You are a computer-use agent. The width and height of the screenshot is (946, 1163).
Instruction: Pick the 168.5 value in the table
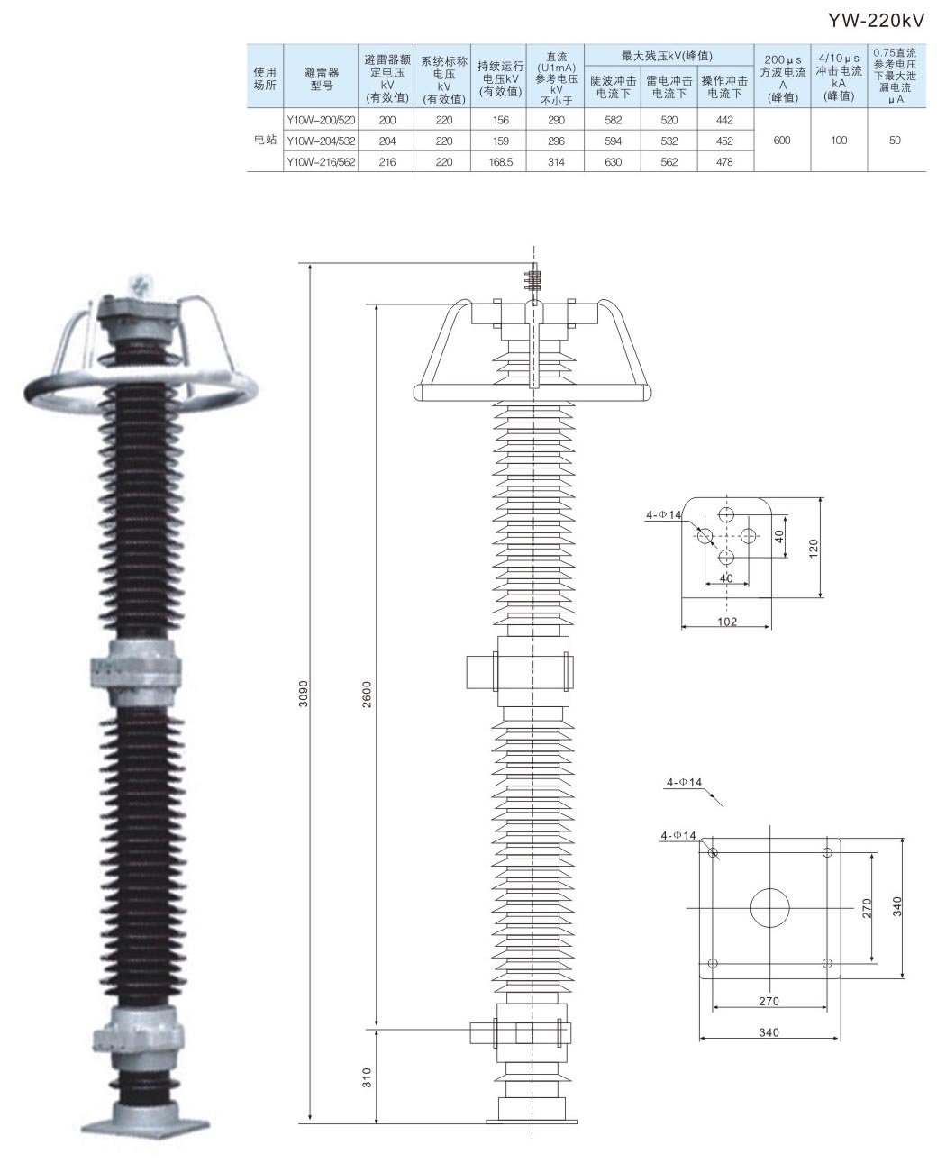click(500, 162)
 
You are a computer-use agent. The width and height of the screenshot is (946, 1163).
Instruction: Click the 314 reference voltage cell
click(555, 162)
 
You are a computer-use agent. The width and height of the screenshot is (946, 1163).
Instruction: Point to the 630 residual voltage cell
click(612, 162)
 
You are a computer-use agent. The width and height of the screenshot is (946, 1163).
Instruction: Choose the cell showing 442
click(725, 120)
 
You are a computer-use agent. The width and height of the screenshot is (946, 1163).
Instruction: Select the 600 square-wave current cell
click(782, 141)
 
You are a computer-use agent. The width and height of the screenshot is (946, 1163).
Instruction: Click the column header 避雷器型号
click(321, 79)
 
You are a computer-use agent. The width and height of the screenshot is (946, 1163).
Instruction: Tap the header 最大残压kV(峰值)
click(668, 56)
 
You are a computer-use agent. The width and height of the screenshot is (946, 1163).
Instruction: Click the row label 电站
click(265, 141)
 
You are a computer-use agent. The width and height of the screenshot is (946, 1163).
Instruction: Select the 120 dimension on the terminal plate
click(814, 548)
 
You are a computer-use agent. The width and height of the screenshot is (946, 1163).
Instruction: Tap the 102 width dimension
click(727, 622)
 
